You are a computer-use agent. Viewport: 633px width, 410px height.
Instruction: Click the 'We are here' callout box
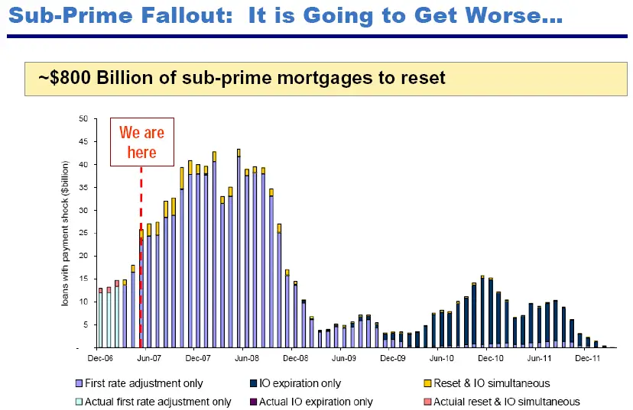tap(142, 142)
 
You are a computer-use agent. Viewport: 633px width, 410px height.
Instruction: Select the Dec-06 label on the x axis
tap(99, 357)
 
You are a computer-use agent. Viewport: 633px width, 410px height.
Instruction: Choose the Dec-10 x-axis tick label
tap(489, 357)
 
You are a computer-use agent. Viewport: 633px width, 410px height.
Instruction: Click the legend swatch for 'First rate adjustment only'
tap(79, 383)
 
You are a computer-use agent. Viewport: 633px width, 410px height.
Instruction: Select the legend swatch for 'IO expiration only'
tap(252, 383)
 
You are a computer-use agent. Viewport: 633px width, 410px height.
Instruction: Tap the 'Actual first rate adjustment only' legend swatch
tap(79, 402)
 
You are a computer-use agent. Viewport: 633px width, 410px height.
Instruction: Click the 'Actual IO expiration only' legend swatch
tap(252, 402)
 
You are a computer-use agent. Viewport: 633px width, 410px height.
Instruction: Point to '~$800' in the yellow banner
tap(66, 77)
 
